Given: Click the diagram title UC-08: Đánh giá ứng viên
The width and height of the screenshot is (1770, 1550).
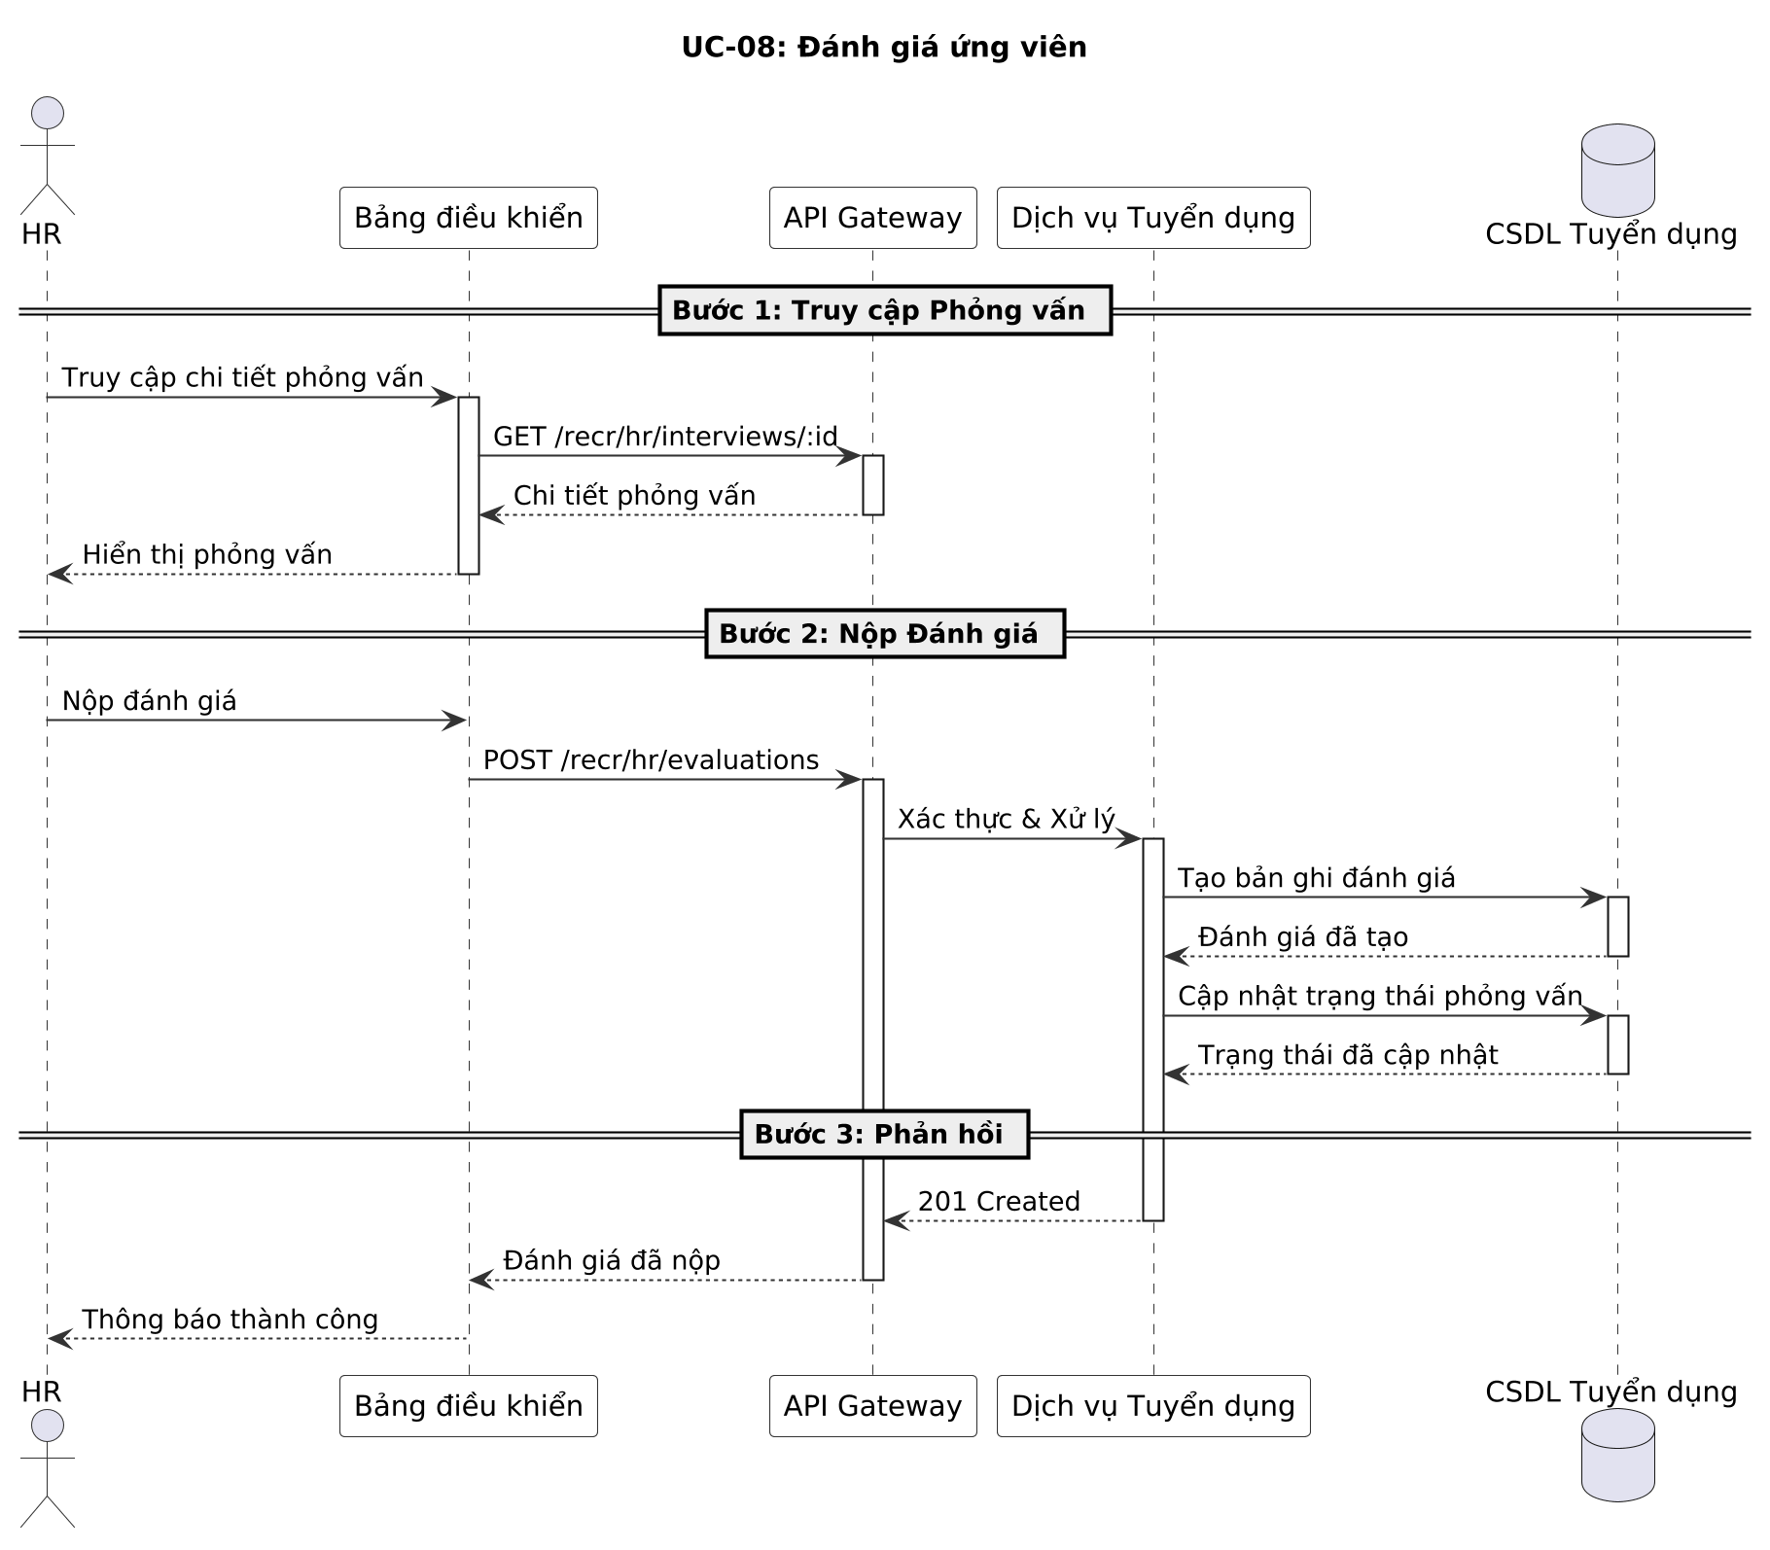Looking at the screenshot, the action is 883,47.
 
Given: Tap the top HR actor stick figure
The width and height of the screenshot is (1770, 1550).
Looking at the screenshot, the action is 47,156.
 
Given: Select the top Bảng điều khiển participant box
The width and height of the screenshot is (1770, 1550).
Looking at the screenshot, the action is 468,218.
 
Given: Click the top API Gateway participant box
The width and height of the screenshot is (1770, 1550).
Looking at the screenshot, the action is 872,218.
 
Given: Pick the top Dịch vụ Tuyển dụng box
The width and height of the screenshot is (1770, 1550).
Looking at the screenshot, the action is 1153,218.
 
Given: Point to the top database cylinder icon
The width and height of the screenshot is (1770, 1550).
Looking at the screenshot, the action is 1617,170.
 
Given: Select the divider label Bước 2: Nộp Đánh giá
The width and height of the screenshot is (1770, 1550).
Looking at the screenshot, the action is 885,634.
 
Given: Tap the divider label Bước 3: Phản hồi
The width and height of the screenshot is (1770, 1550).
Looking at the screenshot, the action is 885,1134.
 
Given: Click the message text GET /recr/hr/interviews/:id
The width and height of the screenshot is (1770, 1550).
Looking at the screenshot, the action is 665,437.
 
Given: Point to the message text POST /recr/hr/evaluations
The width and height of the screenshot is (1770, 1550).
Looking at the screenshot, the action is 651,760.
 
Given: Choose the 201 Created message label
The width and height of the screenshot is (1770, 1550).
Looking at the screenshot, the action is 999,1202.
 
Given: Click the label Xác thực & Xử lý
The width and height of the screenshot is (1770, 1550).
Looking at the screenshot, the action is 1006,820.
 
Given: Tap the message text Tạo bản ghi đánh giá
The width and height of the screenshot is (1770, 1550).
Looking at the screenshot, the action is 1316,878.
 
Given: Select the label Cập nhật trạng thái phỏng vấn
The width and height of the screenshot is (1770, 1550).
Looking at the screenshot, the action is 1380,997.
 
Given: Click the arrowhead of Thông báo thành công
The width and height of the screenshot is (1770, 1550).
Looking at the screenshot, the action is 58,1339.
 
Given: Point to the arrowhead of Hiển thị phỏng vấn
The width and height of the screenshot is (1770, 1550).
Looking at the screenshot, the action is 58,575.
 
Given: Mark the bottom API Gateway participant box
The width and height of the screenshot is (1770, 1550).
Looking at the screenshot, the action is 872,1406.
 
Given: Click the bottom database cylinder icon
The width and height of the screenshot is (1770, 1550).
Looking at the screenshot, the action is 1617,1456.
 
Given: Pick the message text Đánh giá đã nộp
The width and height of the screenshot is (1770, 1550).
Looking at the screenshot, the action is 612,1261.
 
